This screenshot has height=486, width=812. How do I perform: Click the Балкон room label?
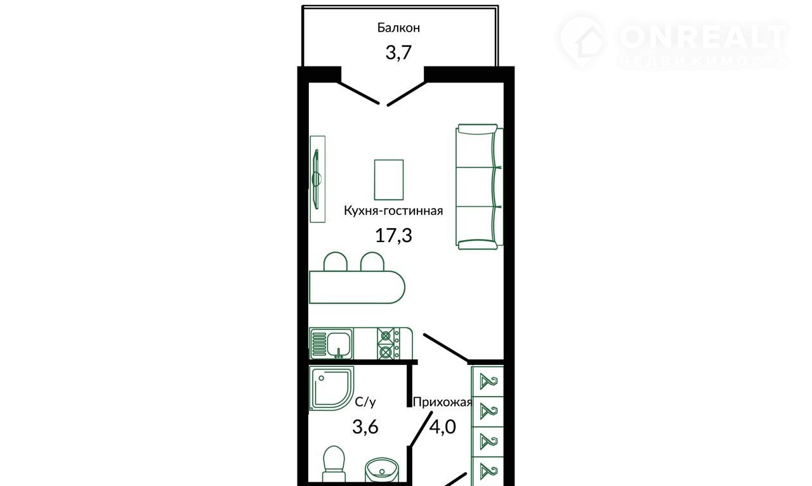click(398, 27)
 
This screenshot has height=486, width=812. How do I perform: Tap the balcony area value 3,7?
click(398, 53)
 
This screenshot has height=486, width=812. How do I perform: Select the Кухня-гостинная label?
click(393, 210)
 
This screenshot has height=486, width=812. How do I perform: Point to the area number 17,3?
click(393, 235)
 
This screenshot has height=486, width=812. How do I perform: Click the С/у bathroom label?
click(365, 402)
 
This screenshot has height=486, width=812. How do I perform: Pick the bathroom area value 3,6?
click(365, 426)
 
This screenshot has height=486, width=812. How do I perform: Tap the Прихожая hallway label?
click(442, 402)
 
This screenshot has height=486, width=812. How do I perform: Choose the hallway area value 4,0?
click(443, 426)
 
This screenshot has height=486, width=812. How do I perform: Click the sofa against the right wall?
click(479, 187)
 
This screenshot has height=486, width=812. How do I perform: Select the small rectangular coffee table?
click(389, 179)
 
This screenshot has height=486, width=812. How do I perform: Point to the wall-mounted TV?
click(317, 179)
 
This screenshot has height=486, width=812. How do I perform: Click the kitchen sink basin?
click(339, 343)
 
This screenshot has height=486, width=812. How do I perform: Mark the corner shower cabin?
click(332, 388)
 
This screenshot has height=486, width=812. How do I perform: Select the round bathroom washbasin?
click(382, 471)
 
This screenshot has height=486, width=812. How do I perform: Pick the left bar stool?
click(336, 262)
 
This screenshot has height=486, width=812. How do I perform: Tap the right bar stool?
click(372, 262)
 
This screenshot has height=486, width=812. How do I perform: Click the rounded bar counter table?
click(357, 287)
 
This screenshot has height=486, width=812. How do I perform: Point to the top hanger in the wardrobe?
click(488, 382)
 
